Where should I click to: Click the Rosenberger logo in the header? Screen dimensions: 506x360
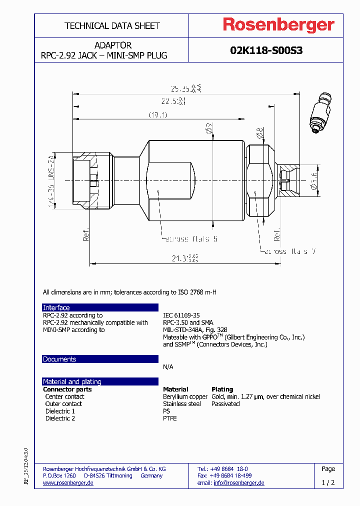[278, 25]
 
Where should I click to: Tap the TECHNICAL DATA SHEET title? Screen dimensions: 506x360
[112, 25]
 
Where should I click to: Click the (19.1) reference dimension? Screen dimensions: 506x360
[157, 115]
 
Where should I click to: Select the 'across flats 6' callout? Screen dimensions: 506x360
[191, 239]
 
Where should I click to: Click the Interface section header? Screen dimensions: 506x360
[56, 307]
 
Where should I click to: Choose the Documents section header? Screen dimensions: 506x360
[59, 359]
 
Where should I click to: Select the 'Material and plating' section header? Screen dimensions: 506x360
[72, 381]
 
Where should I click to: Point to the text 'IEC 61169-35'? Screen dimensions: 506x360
[181, 315]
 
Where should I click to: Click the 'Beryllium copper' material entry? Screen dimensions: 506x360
[185, 396]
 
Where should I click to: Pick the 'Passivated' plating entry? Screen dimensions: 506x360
[225, 403]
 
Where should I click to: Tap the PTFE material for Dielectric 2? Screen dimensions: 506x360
[170, 418]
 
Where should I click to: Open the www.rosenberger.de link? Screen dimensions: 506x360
[68, 482]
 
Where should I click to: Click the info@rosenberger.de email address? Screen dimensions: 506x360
[238, 482]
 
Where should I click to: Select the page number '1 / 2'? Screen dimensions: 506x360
[328, 482]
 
